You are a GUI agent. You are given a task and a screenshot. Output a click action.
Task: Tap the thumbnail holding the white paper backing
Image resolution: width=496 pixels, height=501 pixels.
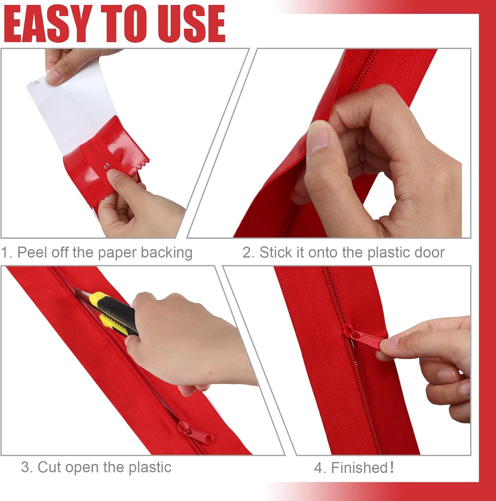coord(53,76)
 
